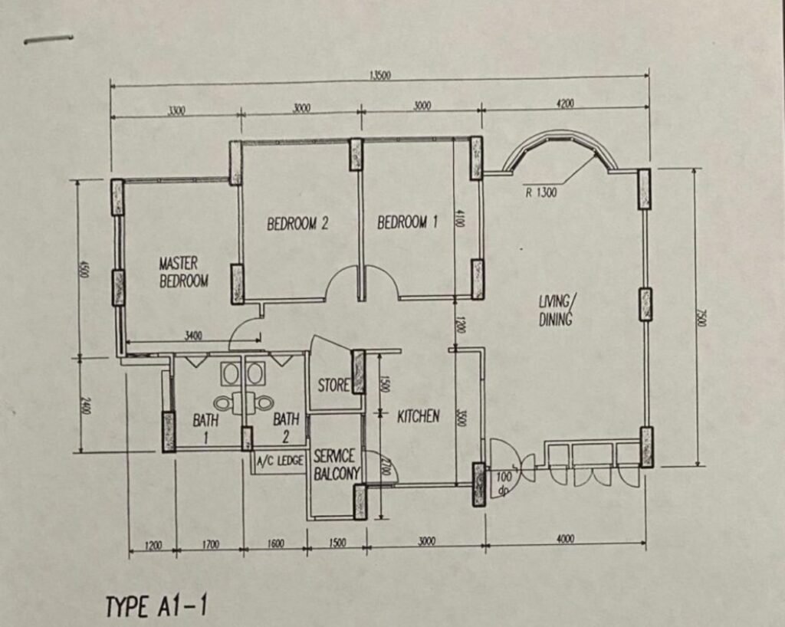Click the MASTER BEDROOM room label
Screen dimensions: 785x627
(x=184, y=271)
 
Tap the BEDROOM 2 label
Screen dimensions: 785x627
(x=297, y=223)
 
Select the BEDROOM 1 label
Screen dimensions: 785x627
(x=408, y=222)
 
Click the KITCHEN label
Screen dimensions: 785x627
(x=419, y=416)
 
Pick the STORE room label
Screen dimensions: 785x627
(x=334, y=385)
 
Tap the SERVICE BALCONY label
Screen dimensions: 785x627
(x=337, y=465)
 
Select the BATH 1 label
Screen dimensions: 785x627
(x=205, y=428)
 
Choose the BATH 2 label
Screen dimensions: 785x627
(x=286, y=428)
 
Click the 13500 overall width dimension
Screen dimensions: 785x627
(x=380, y=76)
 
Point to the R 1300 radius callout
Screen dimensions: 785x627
(x=540, y=192)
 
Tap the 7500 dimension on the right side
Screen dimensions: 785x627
(x=701, y=317)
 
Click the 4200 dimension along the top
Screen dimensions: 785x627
(x=565, y=103)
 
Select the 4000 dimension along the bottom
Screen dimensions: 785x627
(x=565, y=539)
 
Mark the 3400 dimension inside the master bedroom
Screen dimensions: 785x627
(x=193, y=336)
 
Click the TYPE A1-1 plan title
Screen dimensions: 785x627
(x=156, y=606)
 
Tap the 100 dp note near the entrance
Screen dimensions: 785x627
(x=504, y=484)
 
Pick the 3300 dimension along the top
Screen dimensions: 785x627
(x=176, y=110)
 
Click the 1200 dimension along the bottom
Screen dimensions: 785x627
(x=153, y=544)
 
